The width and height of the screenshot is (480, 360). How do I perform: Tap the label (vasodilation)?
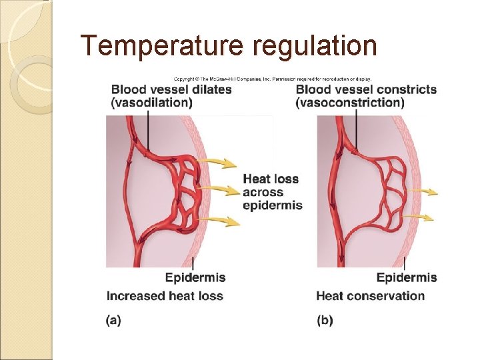click(x=152, y=103)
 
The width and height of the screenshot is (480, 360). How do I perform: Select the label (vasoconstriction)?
click(x=351, y=103)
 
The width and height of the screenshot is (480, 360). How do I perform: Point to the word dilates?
click(x=208, y=89)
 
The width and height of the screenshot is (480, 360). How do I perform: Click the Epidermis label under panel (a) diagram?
click(x=195, y=278)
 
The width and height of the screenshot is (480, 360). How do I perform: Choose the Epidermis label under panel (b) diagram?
click(x=407, y=278)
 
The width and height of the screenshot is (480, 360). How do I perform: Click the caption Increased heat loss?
click(x=165, y=295)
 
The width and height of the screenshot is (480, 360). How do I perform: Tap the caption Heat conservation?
click(x=370, y=295)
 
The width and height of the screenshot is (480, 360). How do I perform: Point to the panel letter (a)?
click(x=113, y=320)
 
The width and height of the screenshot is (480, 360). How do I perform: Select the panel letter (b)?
click(x=325, y=320)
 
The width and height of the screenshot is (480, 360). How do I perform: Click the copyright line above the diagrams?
click(x=272, y=77)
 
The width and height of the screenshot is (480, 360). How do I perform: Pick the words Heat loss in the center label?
click(x=271, y=179)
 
